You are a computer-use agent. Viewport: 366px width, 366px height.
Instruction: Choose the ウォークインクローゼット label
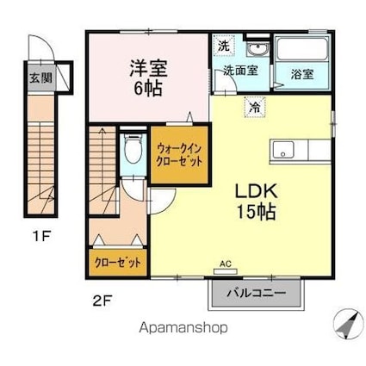pos(179,153)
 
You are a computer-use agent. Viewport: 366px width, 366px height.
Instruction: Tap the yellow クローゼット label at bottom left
pos(118,263)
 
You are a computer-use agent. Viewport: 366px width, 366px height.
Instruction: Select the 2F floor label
pos(102,301)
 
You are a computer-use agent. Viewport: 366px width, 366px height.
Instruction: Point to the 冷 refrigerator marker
pos(256,108)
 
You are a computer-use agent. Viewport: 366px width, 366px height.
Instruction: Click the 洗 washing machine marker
pos(224,45)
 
